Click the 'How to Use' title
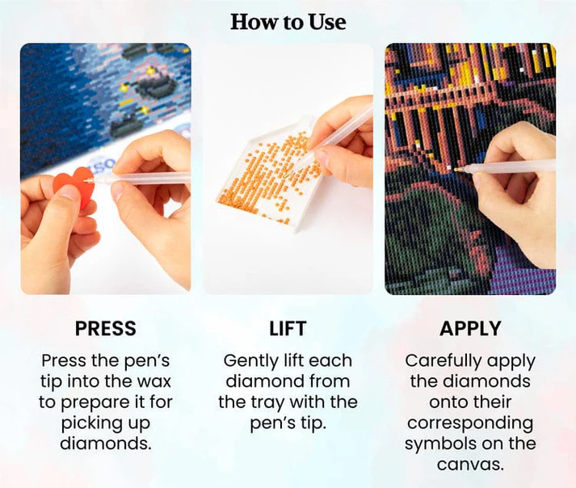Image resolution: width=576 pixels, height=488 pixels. pos(288,22)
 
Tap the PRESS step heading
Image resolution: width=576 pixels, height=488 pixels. pos(106,329)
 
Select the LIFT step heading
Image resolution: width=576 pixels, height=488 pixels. pos(288,329)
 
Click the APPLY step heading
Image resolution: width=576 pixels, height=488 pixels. pos(470,329)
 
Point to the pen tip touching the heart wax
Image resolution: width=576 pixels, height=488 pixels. pos(86,180)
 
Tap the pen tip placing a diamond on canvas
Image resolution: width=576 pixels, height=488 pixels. pos(456,170)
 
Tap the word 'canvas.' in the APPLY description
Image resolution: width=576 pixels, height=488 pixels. pos(470,465)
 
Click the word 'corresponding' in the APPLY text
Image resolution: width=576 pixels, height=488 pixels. pos(470,423)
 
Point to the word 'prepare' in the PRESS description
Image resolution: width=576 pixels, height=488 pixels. pos(95,402)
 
